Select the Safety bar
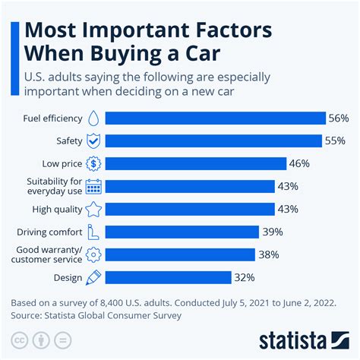(213, 141)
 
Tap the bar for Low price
(195, 163)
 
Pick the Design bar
(169, 277)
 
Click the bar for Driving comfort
(182, 232)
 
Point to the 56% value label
(339, 118)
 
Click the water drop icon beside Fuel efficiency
(93, 118)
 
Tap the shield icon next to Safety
(93, 141)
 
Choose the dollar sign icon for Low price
(93, 163)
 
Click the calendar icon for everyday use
(93, 186)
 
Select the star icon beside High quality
(93, 209)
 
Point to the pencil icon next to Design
(93, 277)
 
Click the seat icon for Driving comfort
(93, 232)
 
